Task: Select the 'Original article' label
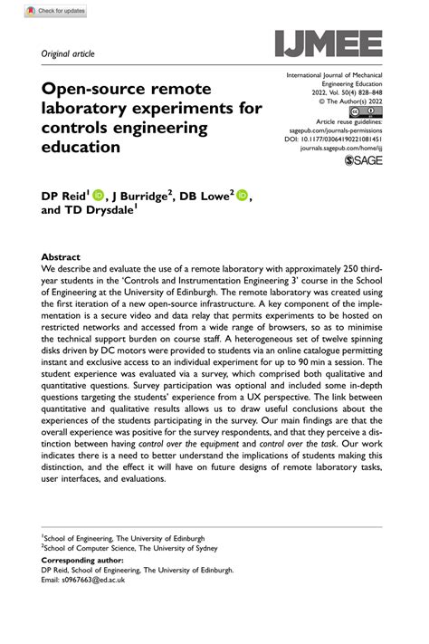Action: (69, 53)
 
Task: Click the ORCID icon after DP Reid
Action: (98, 195)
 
